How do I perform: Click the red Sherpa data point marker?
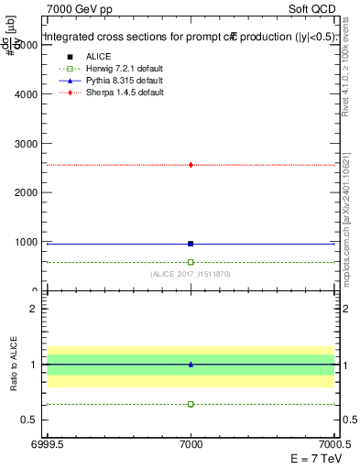[x=191, y=165]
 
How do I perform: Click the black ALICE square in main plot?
[x=191, y=244]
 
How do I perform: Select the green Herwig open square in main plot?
[x=191, y=262]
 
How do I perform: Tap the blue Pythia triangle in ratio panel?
[x=191, y=365]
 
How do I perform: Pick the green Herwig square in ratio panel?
[x=191, y=404]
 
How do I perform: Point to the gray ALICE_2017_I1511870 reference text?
[x=191, y=274]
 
